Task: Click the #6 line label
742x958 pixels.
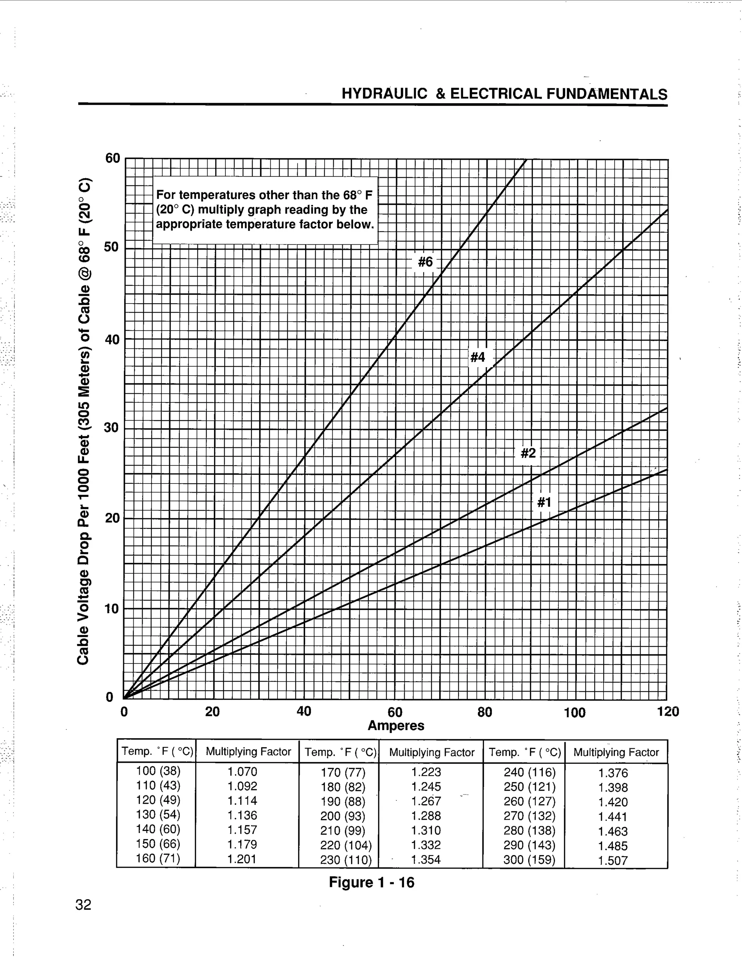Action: coord(425,262)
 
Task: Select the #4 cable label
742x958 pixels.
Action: coord(478,357)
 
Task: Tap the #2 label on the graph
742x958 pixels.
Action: coord(528,453)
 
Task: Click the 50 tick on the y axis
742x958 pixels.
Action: coord(112,247)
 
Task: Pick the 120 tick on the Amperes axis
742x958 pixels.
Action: coord(667,711)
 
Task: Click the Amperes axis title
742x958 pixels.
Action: coord(396,725)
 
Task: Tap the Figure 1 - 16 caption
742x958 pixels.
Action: coord(371,882)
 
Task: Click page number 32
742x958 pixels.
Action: coord(83,904)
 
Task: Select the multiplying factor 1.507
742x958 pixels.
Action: coord(613,861)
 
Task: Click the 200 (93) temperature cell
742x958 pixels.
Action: coord(343,816)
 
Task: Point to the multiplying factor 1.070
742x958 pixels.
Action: coord(242,771)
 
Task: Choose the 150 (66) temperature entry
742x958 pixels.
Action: coord(158,844)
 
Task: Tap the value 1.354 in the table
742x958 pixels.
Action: coord(426,860)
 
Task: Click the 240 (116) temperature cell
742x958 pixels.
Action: coord(530,772)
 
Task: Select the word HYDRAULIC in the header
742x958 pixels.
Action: coord(384,94)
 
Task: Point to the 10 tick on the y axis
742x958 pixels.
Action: coord(112,609)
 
